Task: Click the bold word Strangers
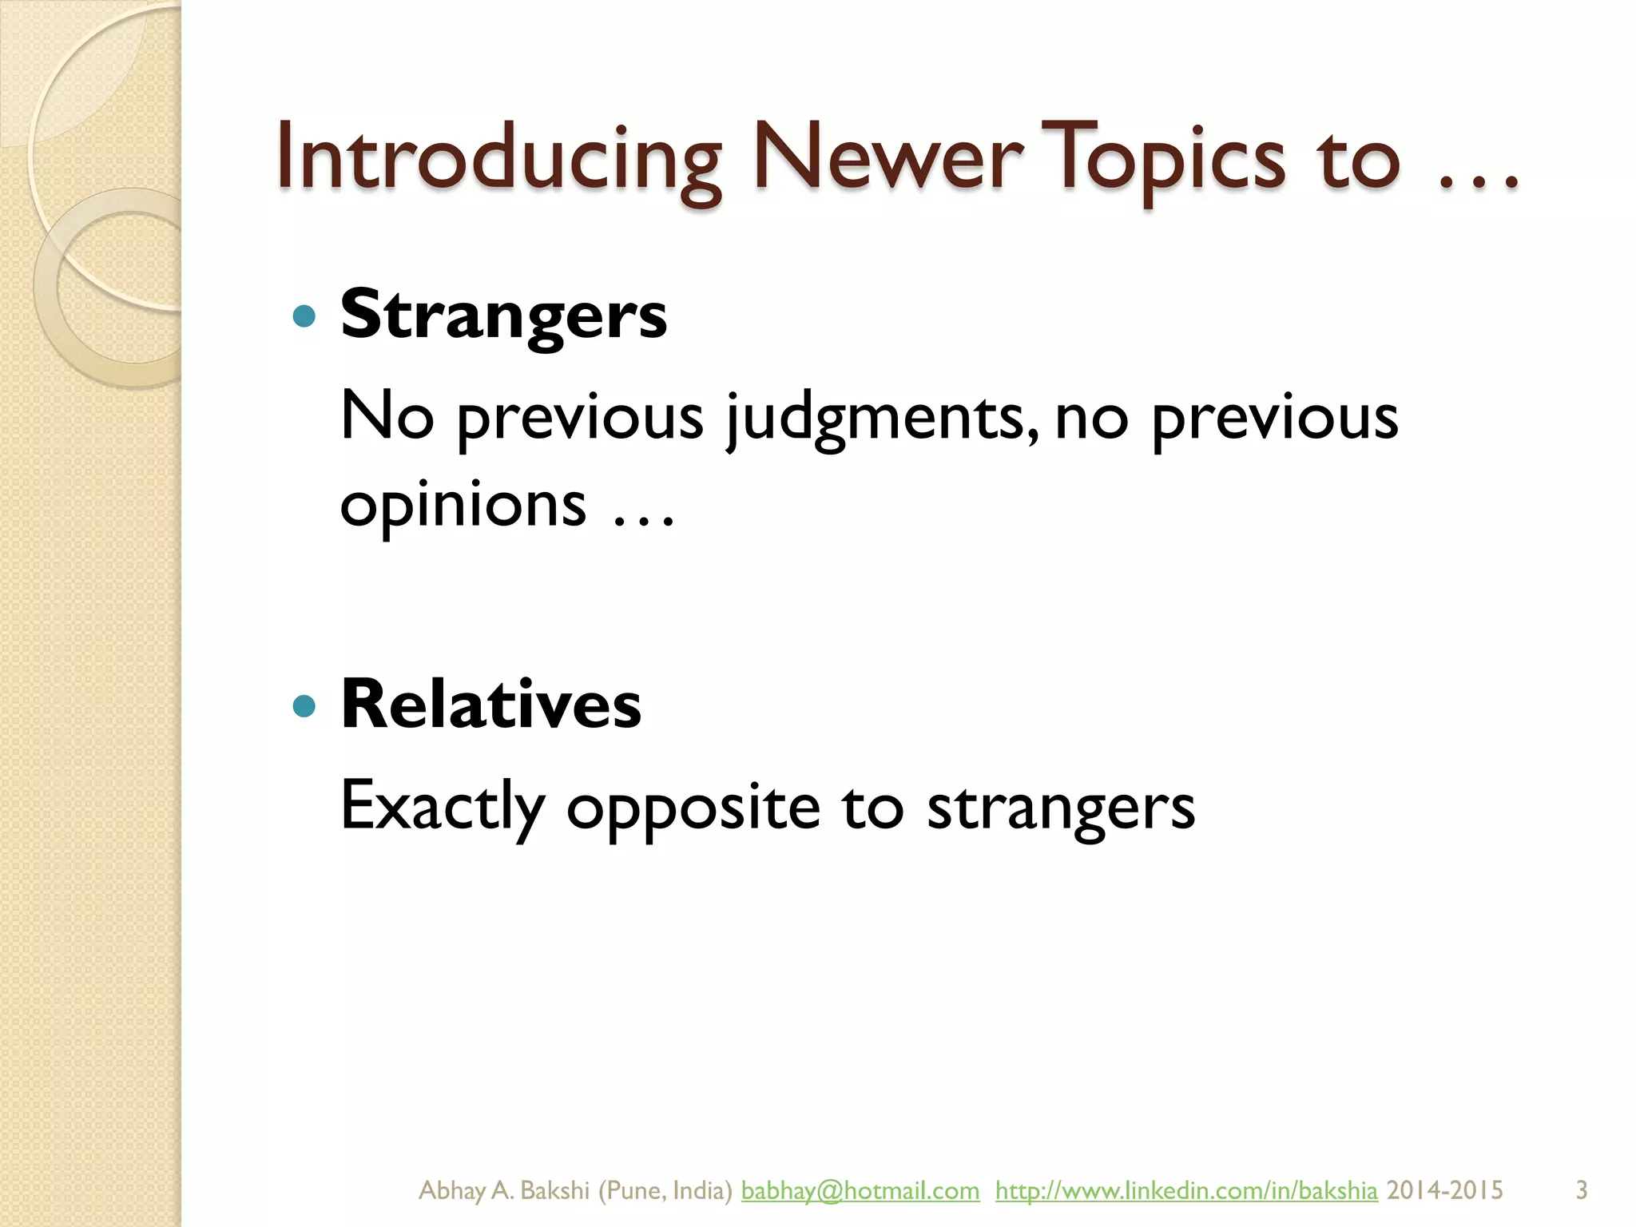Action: click(x=503, y=316)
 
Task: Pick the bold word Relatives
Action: click(x=490, y=705)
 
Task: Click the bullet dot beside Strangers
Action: click(x=304, y=317)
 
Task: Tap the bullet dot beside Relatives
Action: click(x=304, y=706)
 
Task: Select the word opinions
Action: click(x=463, y=505)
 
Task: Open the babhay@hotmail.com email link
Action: click(x=860, y=1190)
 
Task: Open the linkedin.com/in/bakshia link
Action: click(x=1186, y=1190)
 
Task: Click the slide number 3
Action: click(x=1581, y=1190)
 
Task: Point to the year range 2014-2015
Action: click(x=1444, y=1190)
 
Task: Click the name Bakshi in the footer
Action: click(x=554, y=1190)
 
